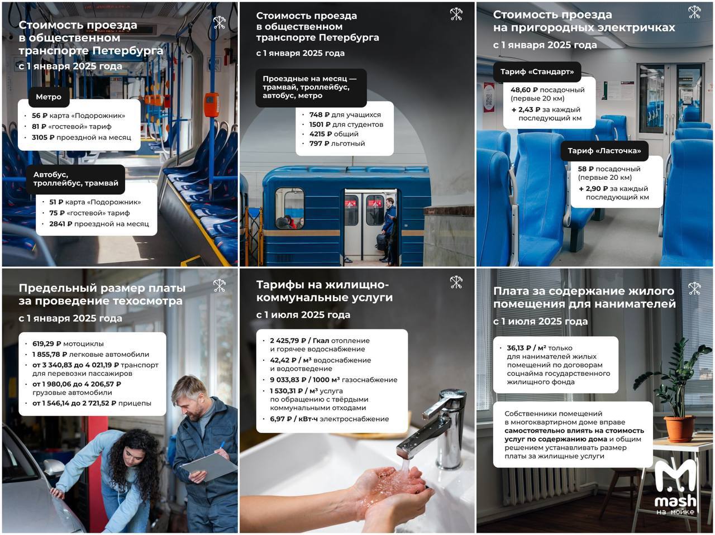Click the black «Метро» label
pyautogui.click(x=49, y=97)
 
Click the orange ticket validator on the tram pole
pyautogui.click(x=211, y=104)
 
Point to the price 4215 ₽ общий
pyautogui.click(x=317, y=134)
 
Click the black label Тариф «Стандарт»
pyautogui.click(x=537, y=71)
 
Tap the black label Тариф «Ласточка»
pyautogui.click(x=604, y=151)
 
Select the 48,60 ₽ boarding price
pyautogui.click(x=524, y=90)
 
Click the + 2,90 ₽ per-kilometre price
pyautogui.click(x=593, y=189)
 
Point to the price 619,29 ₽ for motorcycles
pyautogui.click(x=46, y=343)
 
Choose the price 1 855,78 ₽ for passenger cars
pyautogui.click(x=50, y=354)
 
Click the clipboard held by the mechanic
pyautogui.click(x=209, y=467)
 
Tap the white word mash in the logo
pyautogui.click(x=675, y=501)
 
